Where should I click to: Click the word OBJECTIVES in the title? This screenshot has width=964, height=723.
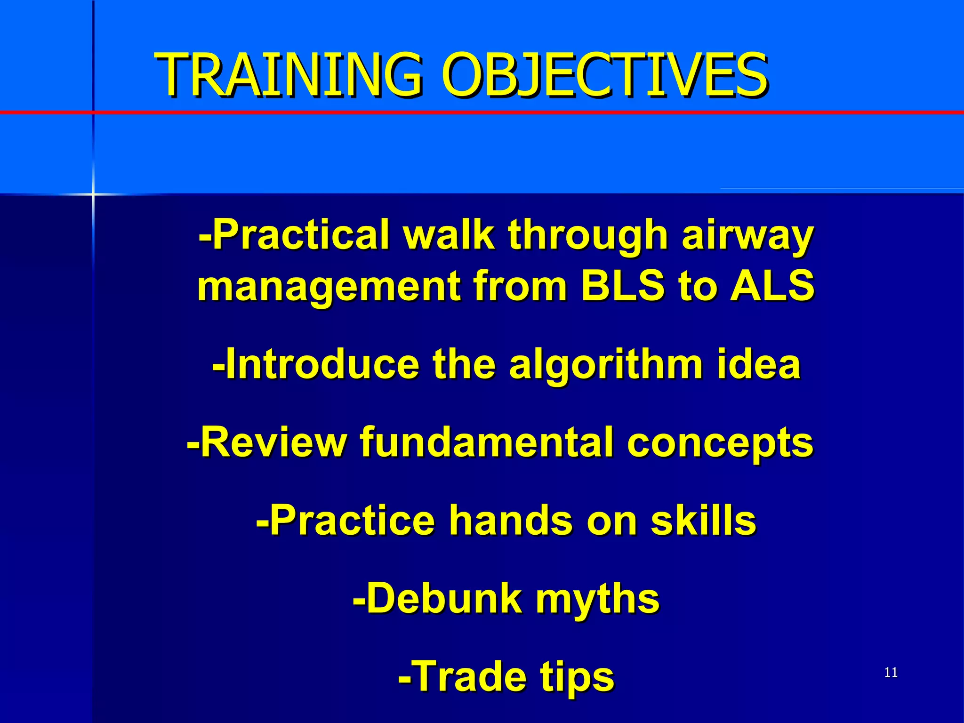click(x=604, y=75)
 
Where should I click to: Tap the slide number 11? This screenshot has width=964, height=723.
click(x=891, y=672)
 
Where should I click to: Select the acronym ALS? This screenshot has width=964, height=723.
click(x=772, y=286)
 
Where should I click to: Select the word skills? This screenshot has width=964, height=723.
click(x=703, y=520)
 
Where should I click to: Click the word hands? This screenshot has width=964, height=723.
click(x=510, y=520)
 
